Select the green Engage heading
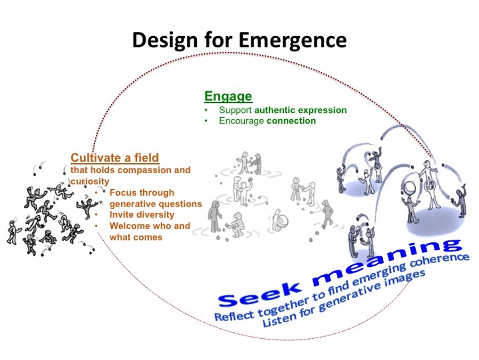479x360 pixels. [228, 96]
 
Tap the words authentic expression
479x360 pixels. [301, 110]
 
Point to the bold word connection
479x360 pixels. [291, 121]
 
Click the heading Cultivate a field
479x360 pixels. [115, 158]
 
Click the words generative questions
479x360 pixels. [155, 204]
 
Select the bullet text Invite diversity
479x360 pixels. [142, 215]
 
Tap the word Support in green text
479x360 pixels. [235, 110]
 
